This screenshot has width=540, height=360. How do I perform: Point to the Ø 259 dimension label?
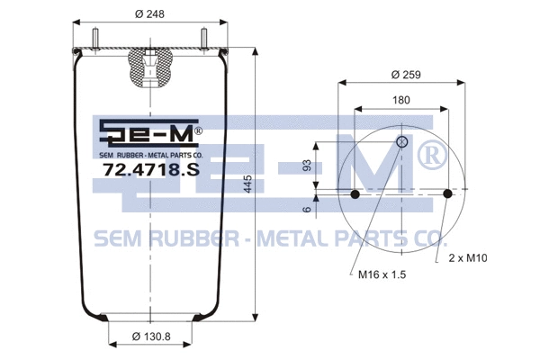[402, 74]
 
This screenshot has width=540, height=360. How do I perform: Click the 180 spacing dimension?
[402, 102]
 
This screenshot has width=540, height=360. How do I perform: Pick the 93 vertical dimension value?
[309, 166]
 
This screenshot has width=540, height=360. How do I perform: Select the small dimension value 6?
[309, 210]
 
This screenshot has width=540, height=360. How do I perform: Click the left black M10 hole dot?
[355, 194]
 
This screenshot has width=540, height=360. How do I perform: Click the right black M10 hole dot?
[449, 194]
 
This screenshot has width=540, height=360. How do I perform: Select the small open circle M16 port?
[402, 142]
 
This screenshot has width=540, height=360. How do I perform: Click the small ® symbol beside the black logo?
[198, 130]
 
